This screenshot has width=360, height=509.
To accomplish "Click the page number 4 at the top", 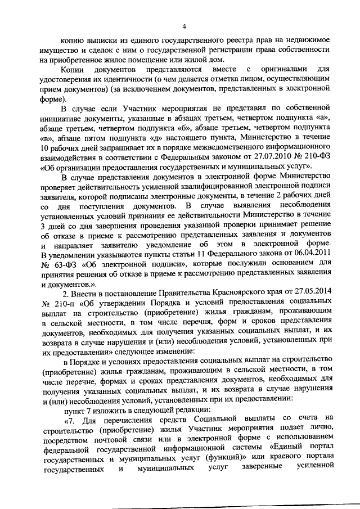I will [x=183, y=25].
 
